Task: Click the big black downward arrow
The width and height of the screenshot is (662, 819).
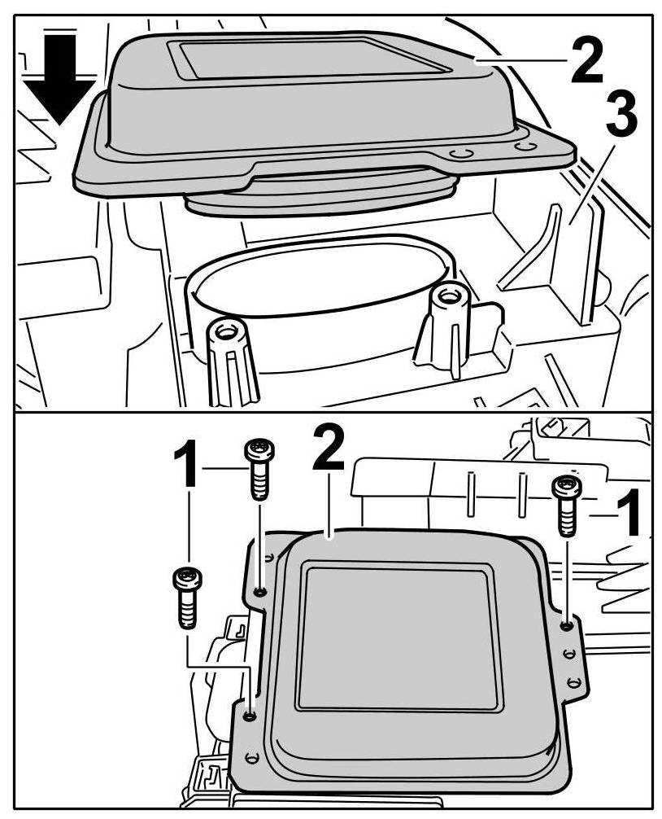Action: click(59, 78)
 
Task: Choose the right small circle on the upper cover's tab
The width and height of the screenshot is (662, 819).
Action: click(525, 146)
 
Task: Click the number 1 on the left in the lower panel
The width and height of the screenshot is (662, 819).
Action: click(185, 462)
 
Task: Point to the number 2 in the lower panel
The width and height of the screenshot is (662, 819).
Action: click(328, 448)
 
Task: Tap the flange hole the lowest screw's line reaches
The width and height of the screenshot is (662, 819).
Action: click(250, 715)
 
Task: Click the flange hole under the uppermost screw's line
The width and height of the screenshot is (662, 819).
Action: click(259, 592)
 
